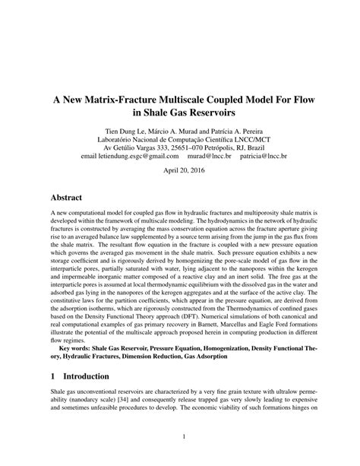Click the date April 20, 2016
[x=180, y=171]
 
